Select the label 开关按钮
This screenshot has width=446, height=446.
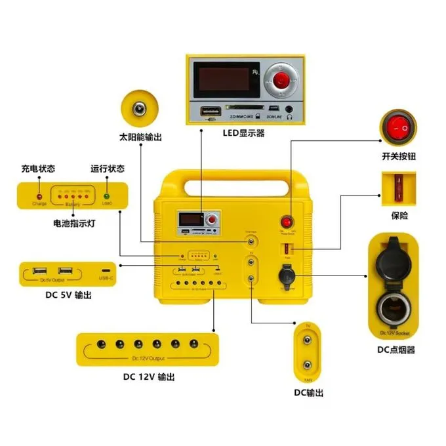[398, 157]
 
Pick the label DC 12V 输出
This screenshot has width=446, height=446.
[149, 376]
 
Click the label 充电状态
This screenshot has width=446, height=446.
[38, 169]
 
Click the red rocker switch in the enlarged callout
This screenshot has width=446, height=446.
[398, 126]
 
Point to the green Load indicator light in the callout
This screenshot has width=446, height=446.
[107, 195]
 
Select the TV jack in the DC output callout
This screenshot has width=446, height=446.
[307, 339]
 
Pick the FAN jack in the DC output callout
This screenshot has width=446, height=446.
[307, 366]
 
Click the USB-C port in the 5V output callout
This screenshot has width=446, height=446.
[106, 270]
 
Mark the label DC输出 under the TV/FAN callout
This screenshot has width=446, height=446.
[308, 393]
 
